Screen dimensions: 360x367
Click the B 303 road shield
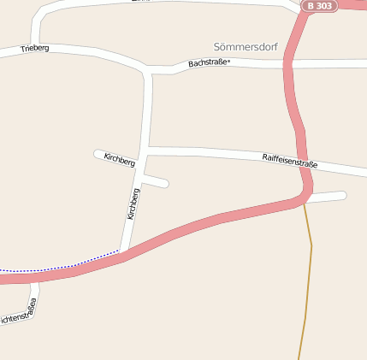pos(319,6)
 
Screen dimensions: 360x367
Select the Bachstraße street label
pos(210,62)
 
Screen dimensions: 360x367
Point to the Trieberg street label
pos(35,49)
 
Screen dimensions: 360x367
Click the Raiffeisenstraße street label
pos(289,160)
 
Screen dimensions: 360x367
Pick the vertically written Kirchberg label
pos(133,204)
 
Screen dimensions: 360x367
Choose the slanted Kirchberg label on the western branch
pos(119,160)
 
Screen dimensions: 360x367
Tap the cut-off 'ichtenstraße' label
pos(19,314)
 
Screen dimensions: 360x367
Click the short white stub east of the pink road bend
pos(329,197)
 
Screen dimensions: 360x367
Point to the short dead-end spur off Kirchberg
pos(157,180)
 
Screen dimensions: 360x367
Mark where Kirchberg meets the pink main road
pos(125,253)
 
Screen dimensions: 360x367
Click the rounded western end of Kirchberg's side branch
pos(98,154)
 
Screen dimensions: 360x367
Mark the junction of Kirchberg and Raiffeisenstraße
pos(145,151)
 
